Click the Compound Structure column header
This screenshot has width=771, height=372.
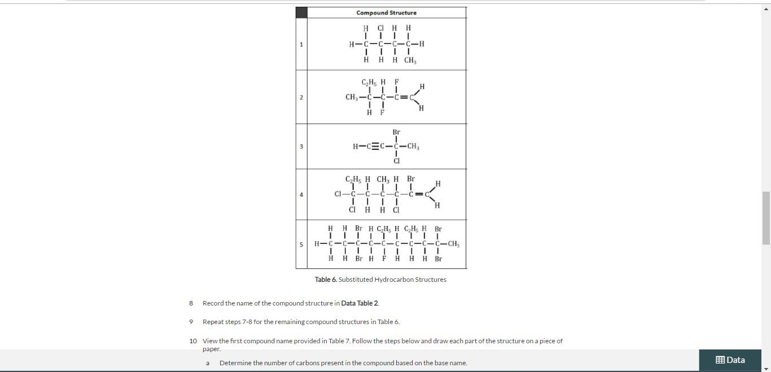tap(386, 12)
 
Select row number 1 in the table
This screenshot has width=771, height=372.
tap(301, 45)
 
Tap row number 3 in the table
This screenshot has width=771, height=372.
tap(301, 147)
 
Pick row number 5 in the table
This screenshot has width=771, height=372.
tap(301, 245)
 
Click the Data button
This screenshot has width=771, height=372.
tap(730, 360)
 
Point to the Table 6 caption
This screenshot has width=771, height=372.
tap(380, 280)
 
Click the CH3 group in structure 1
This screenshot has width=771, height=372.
tap(410, 60)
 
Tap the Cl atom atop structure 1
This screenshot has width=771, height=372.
tap(380, 28)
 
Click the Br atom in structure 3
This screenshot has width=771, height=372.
tap(396, 132)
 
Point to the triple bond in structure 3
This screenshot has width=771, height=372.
tap(373, 147)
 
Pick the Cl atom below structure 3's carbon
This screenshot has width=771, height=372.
tap(396, 161)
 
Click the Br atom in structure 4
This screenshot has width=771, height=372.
tap(411, 179)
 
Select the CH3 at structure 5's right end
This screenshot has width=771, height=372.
tap(453, 245)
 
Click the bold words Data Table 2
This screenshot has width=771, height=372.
tap(360, 303)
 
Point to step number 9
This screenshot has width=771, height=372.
tap(191, 322)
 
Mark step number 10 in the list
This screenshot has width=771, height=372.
tap(193, 341)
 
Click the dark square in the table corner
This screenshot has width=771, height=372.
tap(301, 12)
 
